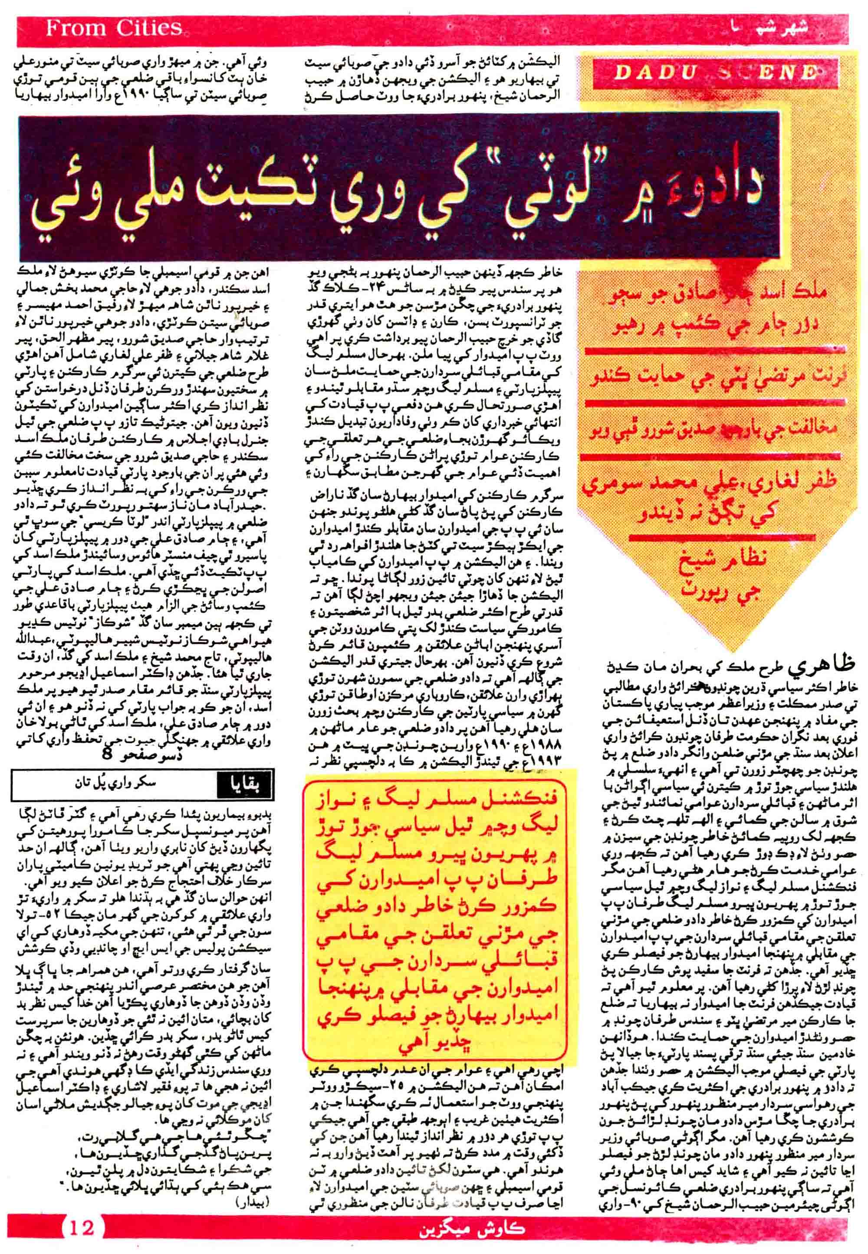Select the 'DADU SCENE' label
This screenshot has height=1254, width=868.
tap(716, 73)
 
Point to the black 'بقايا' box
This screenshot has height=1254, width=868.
tap(243, 785)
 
